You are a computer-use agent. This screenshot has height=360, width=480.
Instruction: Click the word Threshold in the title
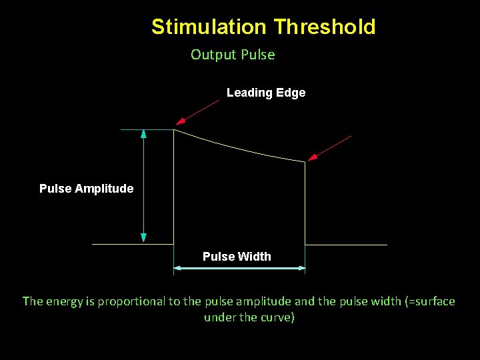pyautogui.click(x=325, y=27)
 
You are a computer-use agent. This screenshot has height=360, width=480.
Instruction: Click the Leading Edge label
pyautogui.click(x=266, y=93)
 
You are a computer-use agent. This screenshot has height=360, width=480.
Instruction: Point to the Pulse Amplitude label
pyautogui.click(x=86, y=189)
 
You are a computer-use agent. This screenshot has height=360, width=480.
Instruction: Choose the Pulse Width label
pyautogui.click(x=237, y=257)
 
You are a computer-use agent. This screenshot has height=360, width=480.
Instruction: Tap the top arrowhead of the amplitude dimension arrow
pyautogui.click(x=143, y=133)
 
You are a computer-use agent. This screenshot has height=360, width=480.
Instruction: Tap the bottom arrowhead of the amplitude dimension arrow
pyautogui.click(x=143, y=237)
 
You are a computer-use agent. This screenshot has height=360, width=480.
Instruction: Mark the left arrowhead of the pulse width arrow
pyautogui.click(x=178, y=269)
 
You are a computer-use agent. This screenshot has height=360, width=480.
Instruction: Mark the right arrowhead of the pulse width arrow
pyautogui.click(x=301, y=269)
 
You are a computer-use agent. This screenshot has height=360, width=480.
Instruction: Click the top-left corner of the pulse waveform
pyautogui.click(x=174, y=130)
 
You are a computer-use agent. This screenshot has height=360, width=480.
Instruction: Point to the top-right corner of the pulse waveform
pyautogui.click(x=305, y=161)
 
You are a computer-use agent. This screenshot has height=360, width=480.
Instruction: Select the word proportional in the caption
pyautogui.click(x=132, y=301)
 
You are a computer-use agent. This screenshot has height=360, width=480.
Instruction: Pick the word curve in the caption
pyautogui.click(x=275, y=317)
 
